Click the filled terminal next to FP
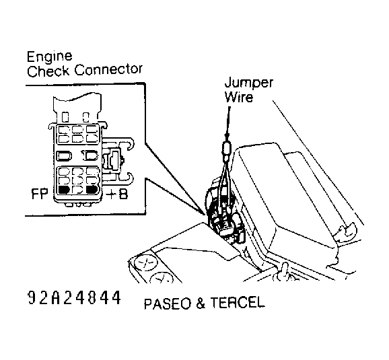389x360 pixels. tap(65, 190)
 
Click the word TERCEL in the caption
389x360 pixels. tap(240, 303)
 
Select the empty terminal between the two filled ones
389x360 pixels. tap(78, 190)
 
